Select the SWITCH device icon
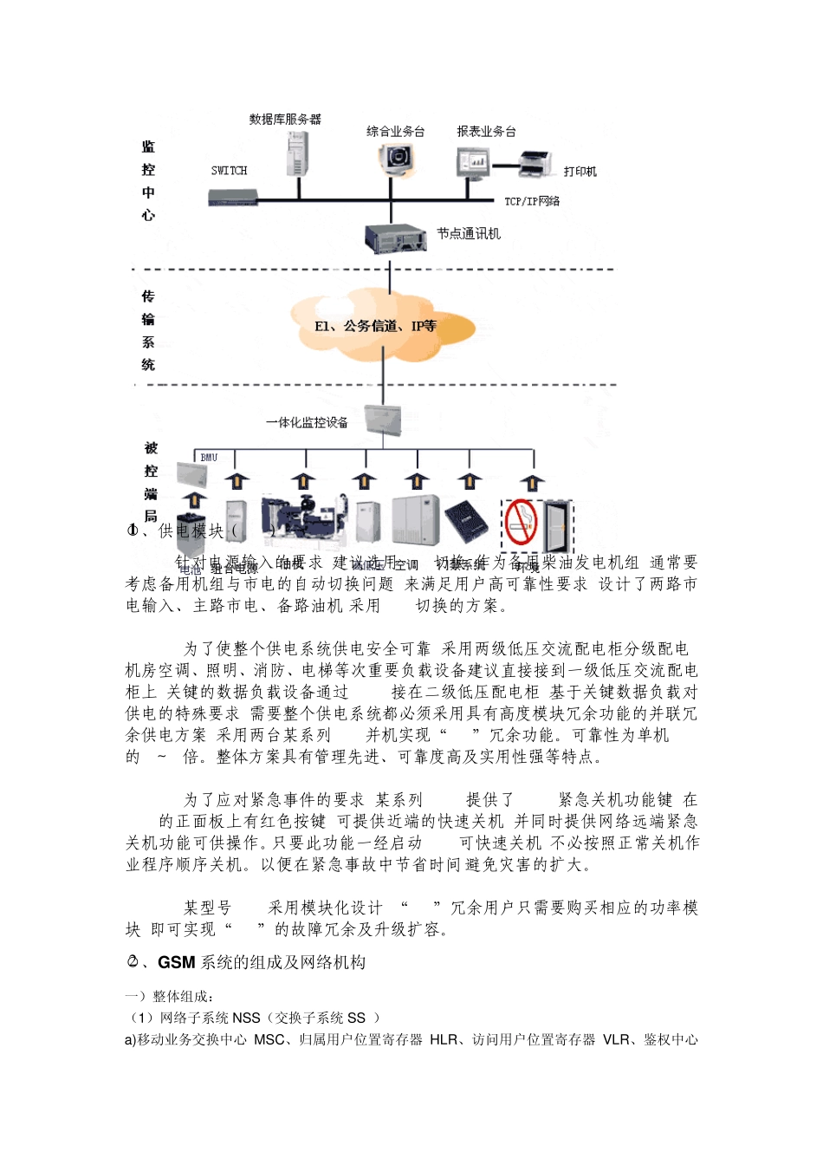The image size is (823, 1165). pos(233,198)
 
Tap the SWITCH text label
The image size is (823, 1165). pos(229,171)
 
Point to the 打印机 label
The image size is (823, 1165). pos(580,172)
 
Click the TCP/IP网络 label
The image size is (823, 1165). pos(532,201)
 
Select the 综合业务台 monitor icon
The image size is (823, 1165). pos(396,159)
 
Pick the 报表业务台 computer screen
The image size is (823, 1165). pos(473,162)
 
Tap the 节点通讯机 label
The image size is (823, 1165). pos(468,234)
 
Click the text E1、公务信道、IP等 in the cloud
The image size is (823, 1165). pos(375,326)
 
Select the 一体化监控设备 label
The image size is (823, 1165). pos(307,422)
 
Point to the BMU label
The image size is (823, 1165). pos(209,458)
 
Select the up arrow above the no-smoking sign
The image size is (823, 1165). pos(533,482)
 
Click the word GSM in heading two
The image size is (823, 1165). pos(177,962)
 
